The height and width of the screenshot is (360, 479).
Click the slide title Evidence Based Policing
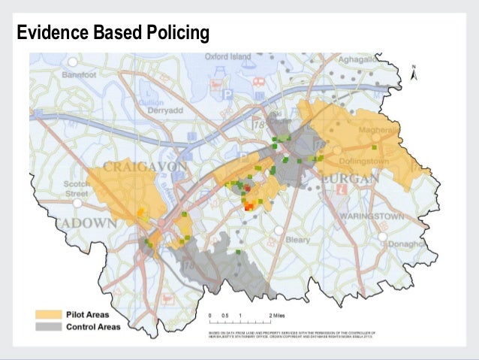tap(113, 34)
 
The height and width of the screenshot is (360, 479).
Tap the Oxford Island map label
tap(228, 56)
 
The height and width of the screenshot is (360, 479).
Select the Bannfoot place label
tap(80, 76)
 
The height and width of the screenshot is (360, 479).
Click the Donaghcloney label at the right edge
tap(415, 244)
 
